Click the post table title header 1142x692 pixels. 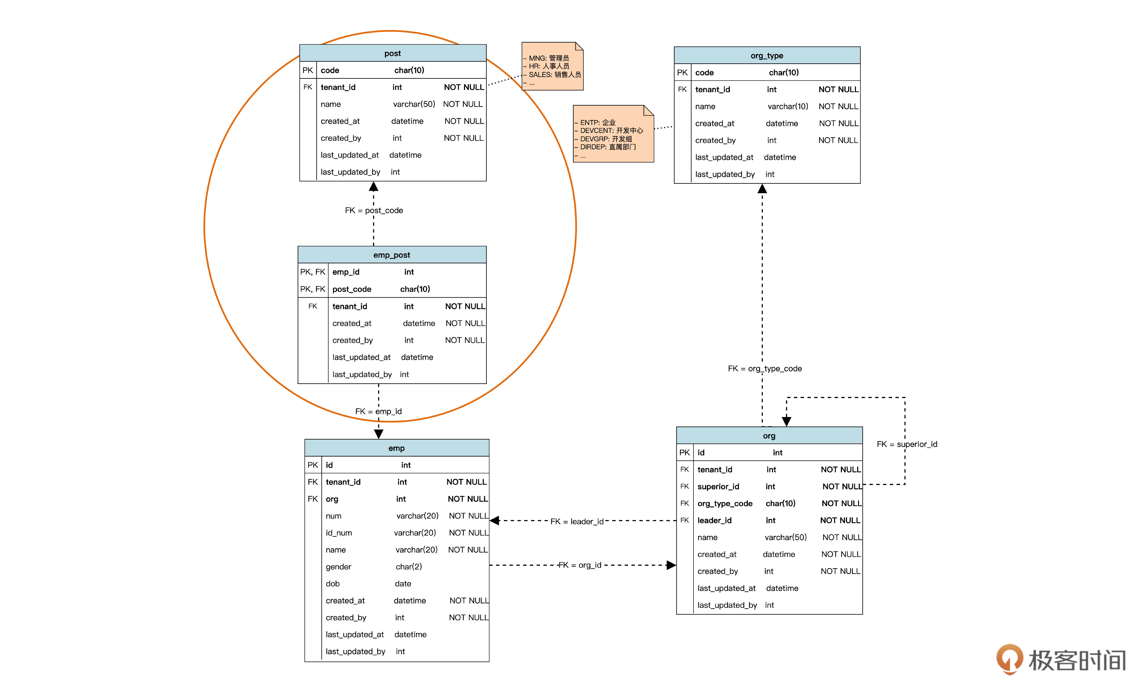pos(392,53)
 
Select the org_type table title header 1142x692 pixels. pos(767,56)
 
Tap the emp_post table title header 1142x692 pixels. pos(392,255)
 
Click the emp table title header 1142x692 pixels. pos(396,448)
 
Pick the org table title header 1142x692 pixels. pos(769,436)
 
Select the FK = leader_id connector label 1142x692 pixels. pos(577,521)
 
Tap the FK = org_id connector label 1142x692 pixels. pos(580,565)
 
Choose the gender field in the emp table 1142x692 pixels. pos(338,567)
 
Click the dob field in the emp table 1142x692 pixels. pos(333,584)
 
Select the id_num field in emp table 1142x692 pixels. pos(339,533)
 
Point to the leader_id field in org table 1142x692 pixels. pos(714,521)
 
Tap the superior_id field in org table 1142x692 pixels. pos(718,487)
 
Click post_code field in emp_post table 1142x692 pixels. pos(352,289)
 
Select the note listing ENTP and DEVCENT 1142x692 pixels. pos(613,134)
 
